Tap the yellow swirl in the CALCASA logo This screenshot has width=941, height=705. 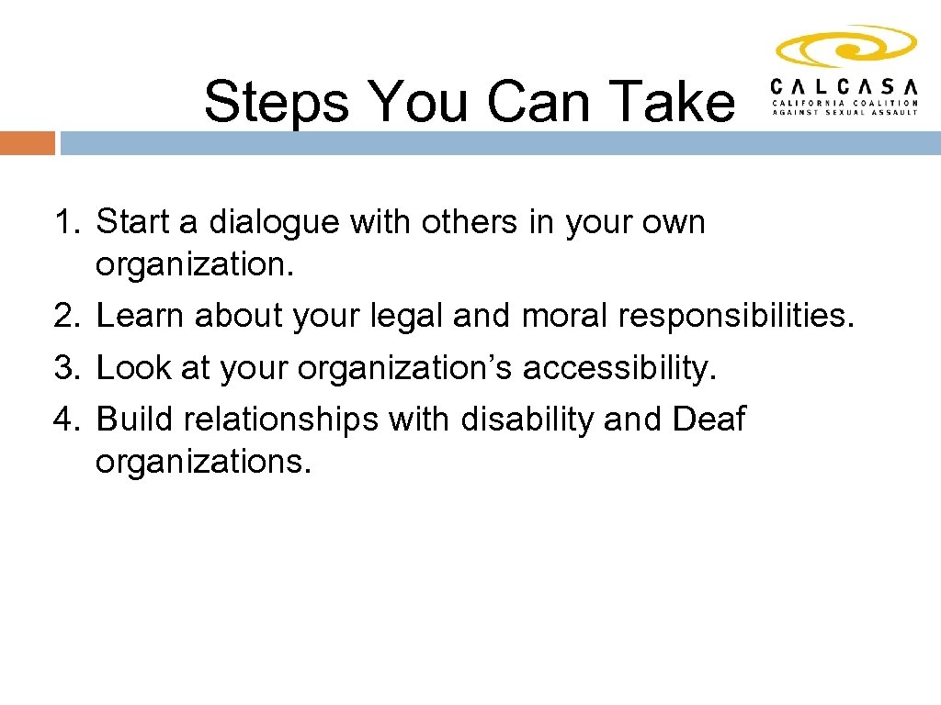[x=845, y=47]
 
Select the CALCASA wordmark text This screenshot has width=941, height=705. [x=845, y=86]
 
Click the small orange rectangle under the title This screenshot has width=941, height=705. [x=27, y=143]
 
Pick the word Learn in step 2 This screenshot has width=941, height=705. [x=138, y=316]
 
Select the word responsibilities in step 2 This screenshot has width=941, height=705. [x=736, y=316]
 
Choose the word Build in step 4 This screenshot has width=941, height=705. [x=135, y=419]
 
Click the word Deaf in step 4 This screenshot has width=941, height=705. [x=709, y=419]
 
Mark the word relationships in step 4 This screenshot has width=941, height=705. [x=280, y=419]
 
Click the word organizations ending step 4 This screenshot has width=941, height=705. [x=203, y=461]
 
